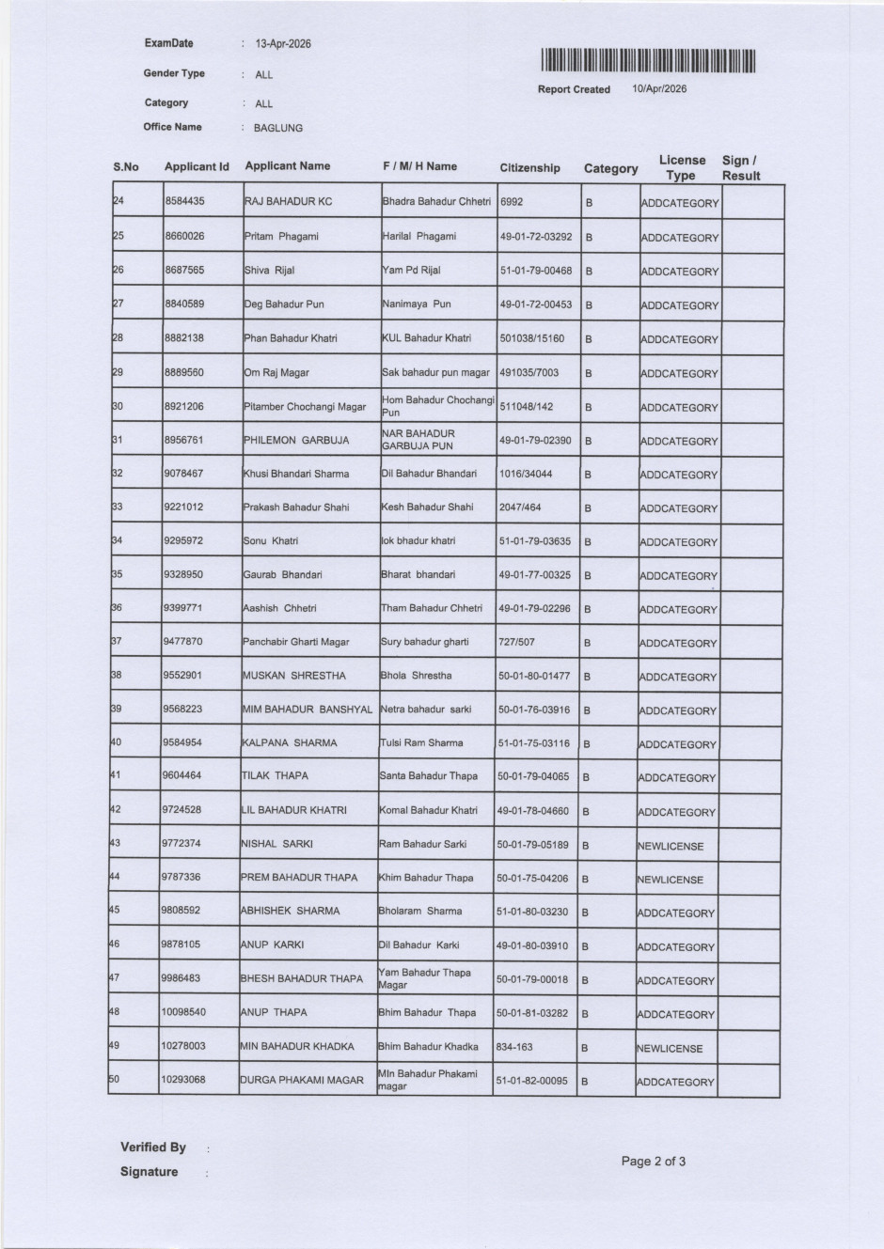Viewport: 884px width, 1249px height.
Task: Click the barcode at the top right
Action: (x=648, y=61)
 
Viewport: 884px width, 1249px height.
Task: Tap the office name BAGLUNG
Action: (x=278, y=128)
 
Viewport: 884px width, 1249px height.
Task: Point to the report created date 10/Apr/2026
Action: (x=659, y=88)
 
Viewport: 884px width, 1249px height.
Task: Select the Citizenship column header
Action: (x=529, y=168)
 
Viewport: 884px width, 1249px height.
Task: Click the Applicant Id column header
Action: (x=197, y=166)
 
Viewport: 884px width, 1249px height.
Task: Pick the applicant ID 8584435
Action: (x=184, y=201)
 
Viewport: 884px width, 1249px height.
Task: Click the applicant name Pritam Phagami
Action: (x=281, y=236)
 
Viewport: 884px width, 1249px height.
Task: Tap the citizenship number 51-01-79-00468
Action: (x=535, y=271)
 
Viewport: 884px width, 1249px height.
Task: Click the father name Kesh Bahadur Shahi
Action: (x=427, y=507)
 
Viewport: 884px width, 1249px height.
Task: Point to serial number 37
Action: (x=117, y=641)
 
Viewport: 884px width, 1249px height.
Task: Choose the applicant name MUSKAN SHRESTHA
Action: (x=293, y=676)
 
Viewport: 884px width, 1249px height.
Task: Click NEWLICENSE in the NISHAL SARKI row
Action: (x=671, y=846)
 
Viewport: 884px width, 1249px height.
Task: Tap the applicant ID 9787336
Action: (x=182, y=877)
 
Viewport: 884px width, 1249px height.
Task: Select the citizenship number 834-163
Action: (x=514, y=1046)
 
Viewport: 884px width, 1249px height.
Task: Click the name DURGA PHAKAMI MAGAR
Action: (x=301, y=1080)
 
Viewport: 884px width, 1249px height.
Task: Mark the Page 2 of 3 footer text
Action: (x=654, y=1162)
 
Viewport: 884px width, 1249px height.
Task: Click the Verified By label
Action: (x=153, y=1148)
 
